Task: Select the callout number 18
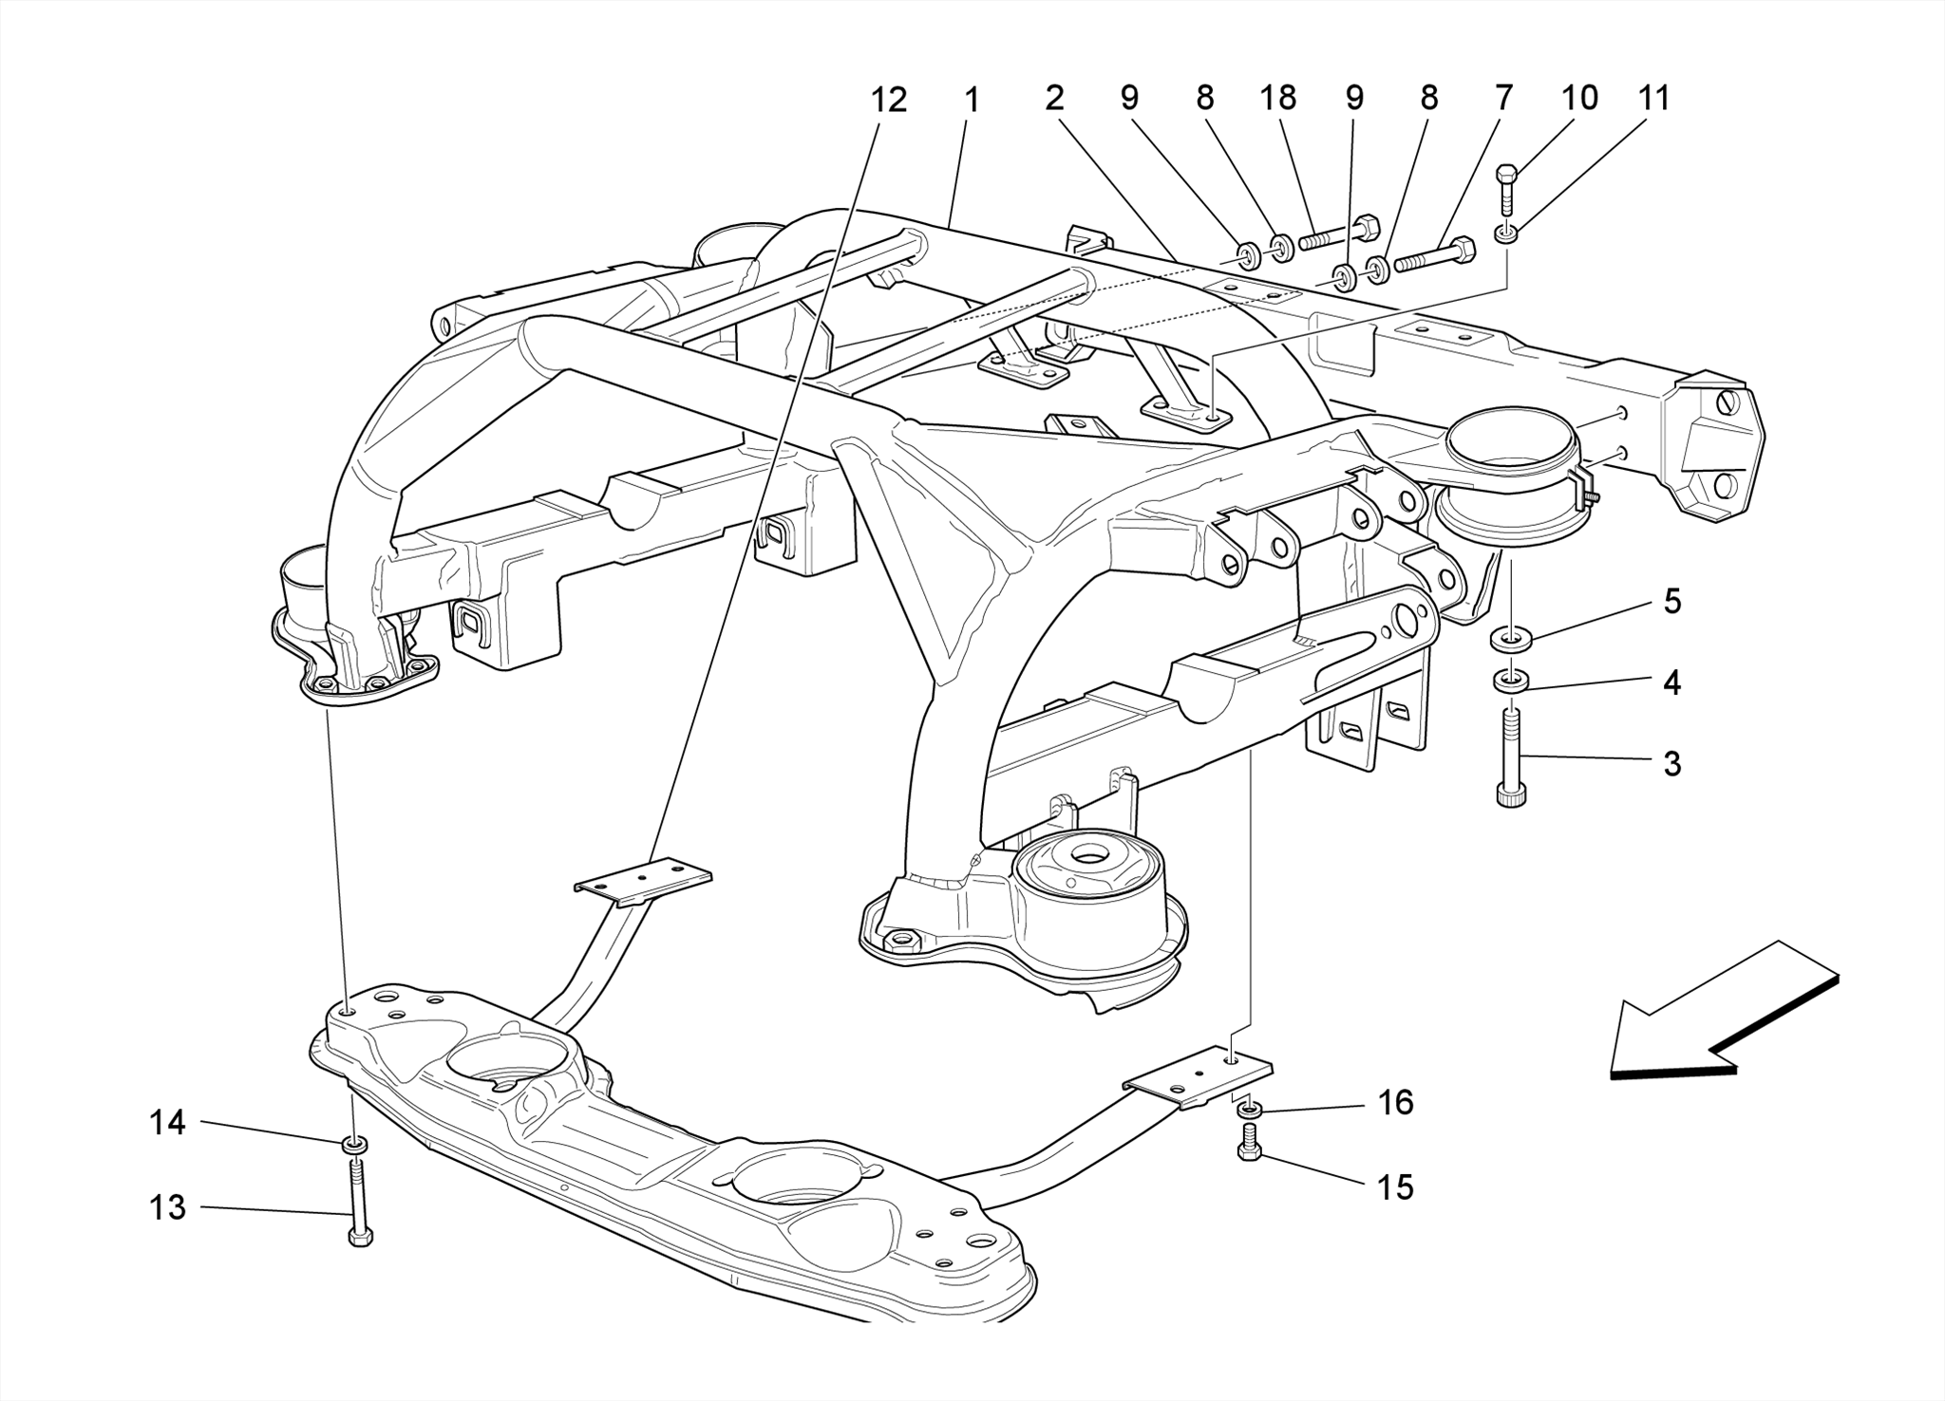[x=1278, y=98]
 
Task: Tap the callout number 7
[x=1503, y=98]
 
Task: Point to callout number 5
[x=1672, y=601]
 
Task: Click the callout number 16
[x=1396, y=1102]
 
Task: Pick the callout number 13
[x=167, y=1207]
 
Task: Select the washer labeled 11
[x=1506, y=233]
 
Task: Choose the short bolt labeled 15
[x=1250, y=1142]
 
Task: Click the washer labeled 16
[x=1250, y=1108]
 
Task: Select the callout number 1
[x=972, y=100]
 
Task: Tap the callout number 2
[x=1054, y=98]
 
